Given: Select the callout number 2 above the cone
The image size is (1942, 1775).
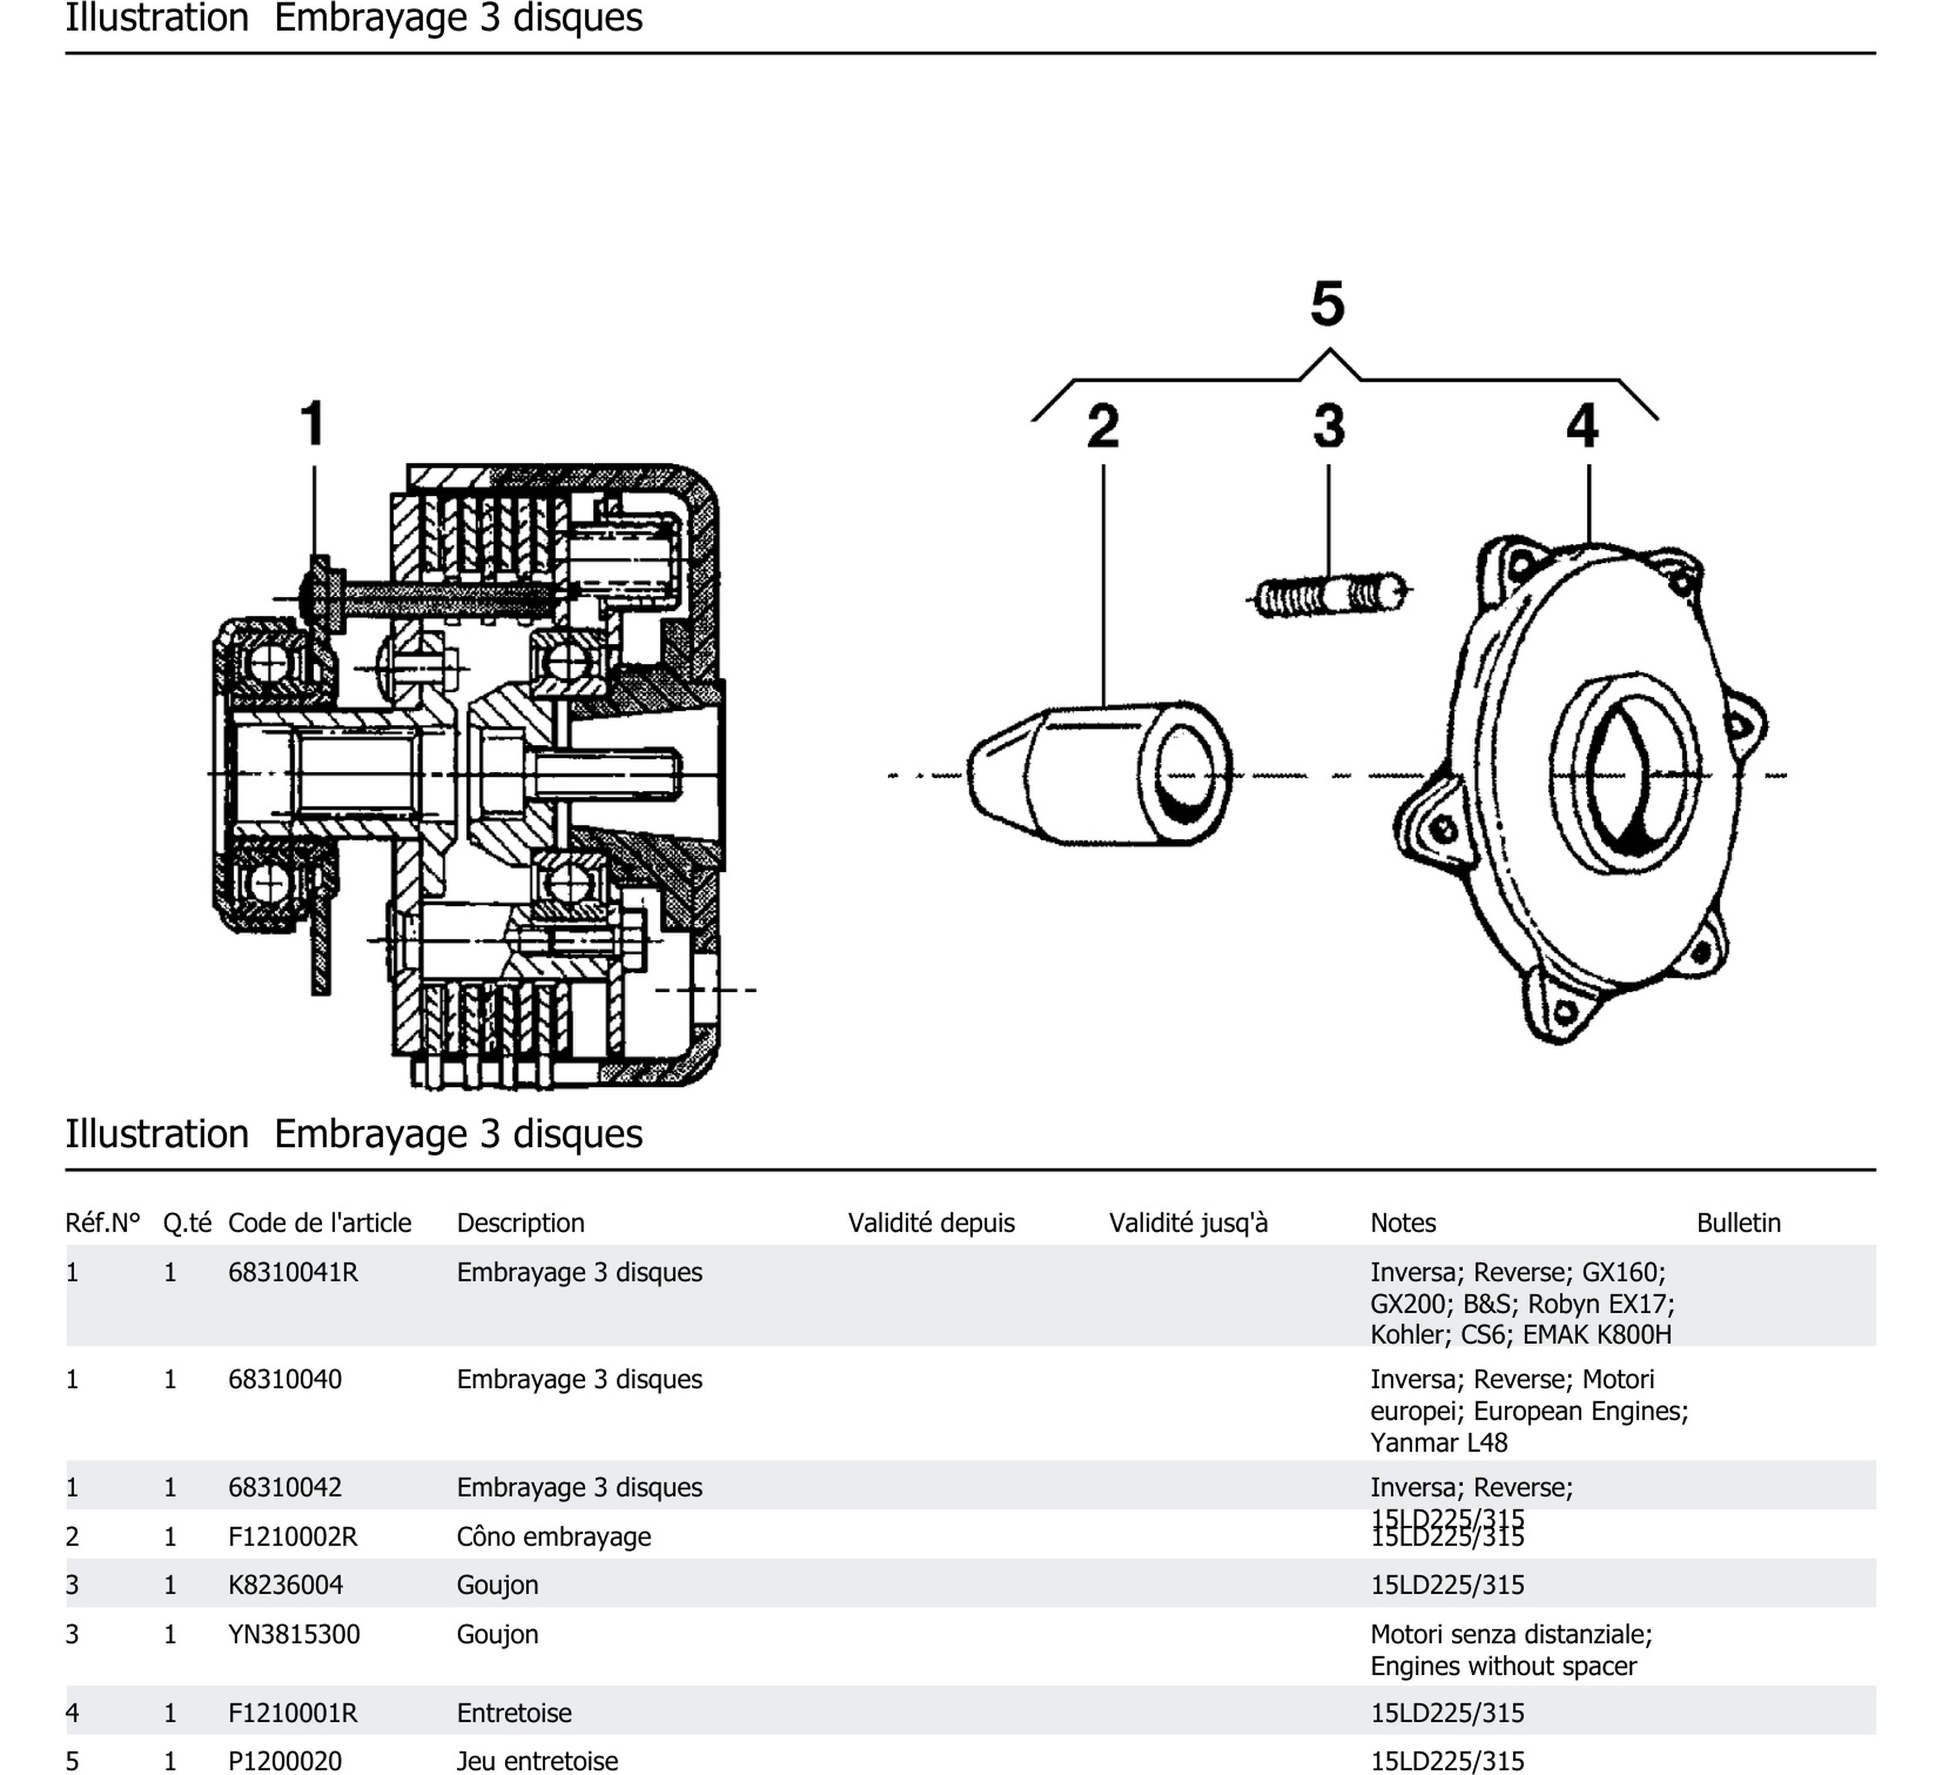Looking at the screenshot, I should (1103, 426).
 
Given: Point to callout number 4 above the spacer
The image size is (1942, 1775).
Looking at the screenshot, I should (1582, 426).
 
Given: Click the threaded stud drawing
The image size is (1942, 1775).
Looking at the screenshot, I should (1329, 595).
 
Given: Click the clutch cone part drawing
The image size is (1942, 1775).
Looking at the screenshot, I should (1098, 776).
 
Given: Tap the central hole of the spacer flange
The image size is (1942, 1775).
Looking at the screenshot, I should (1625, 776).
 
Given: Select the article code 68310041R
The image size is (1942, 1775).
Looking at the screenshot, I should (293, 1273).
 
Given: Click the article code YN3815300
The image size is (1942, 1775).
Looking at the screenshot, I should (294, 1635).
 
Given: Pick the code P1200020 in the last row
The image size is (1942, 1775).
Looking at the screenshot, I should (284, 1760).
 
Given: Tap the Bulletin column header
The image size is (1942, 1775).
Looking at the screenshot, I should (1738, 1223).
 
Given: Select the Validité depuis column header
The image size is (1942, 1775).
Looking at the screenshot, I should (930, 1223).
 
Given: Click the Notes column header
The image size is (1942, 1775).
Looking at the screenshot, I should (1403, 1223).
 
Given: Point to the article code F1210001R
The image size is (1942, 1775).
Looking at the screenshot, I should (293, 1712).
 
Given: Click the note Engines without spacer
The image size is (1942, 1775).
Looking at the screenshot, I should (1503, 1666).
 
